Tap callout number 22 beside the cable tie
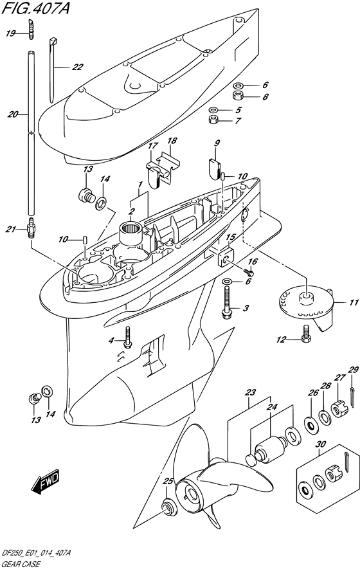pyautogui.click(x=77, y=67)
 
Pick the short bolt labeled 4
pyautogui.click(x=127, y=336)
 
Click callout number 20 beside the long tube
pyautogui.click(x=13, y=114)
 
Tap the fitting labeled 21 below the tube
pyautogui.click(x=32, y=228)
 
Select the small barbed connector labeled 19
pyautogui.click(x=32, y=28)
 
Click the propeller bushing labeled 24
pyautogui.click(x=270, y=446)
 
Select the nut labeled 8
pyautogui.click(x=238, y=96)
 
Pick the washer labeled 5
pyautogui.click(x=214, y=109)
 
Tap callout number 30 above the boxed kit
pyautogui.click(x=321, y=444)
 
